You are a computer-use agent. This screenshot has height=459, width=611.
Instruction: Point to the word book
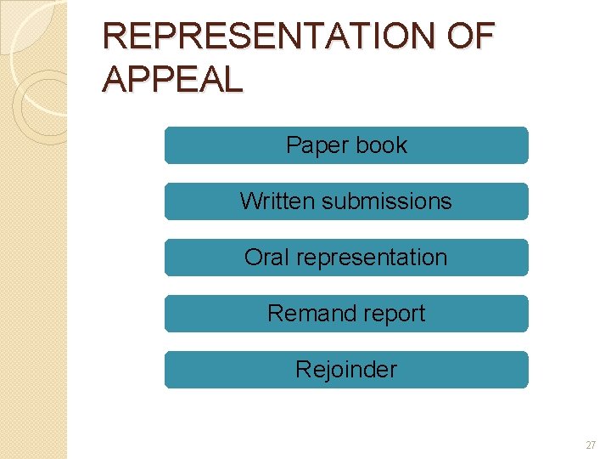coord(381,145)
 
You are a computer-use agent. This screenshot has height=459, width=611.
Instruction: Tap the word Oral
coord(266,258)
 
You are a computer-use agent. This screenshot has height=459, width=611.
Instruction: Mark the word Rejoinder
coord(346,370)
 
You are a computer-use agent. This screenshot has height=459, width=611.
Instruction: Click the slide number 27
coord(591,445)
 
